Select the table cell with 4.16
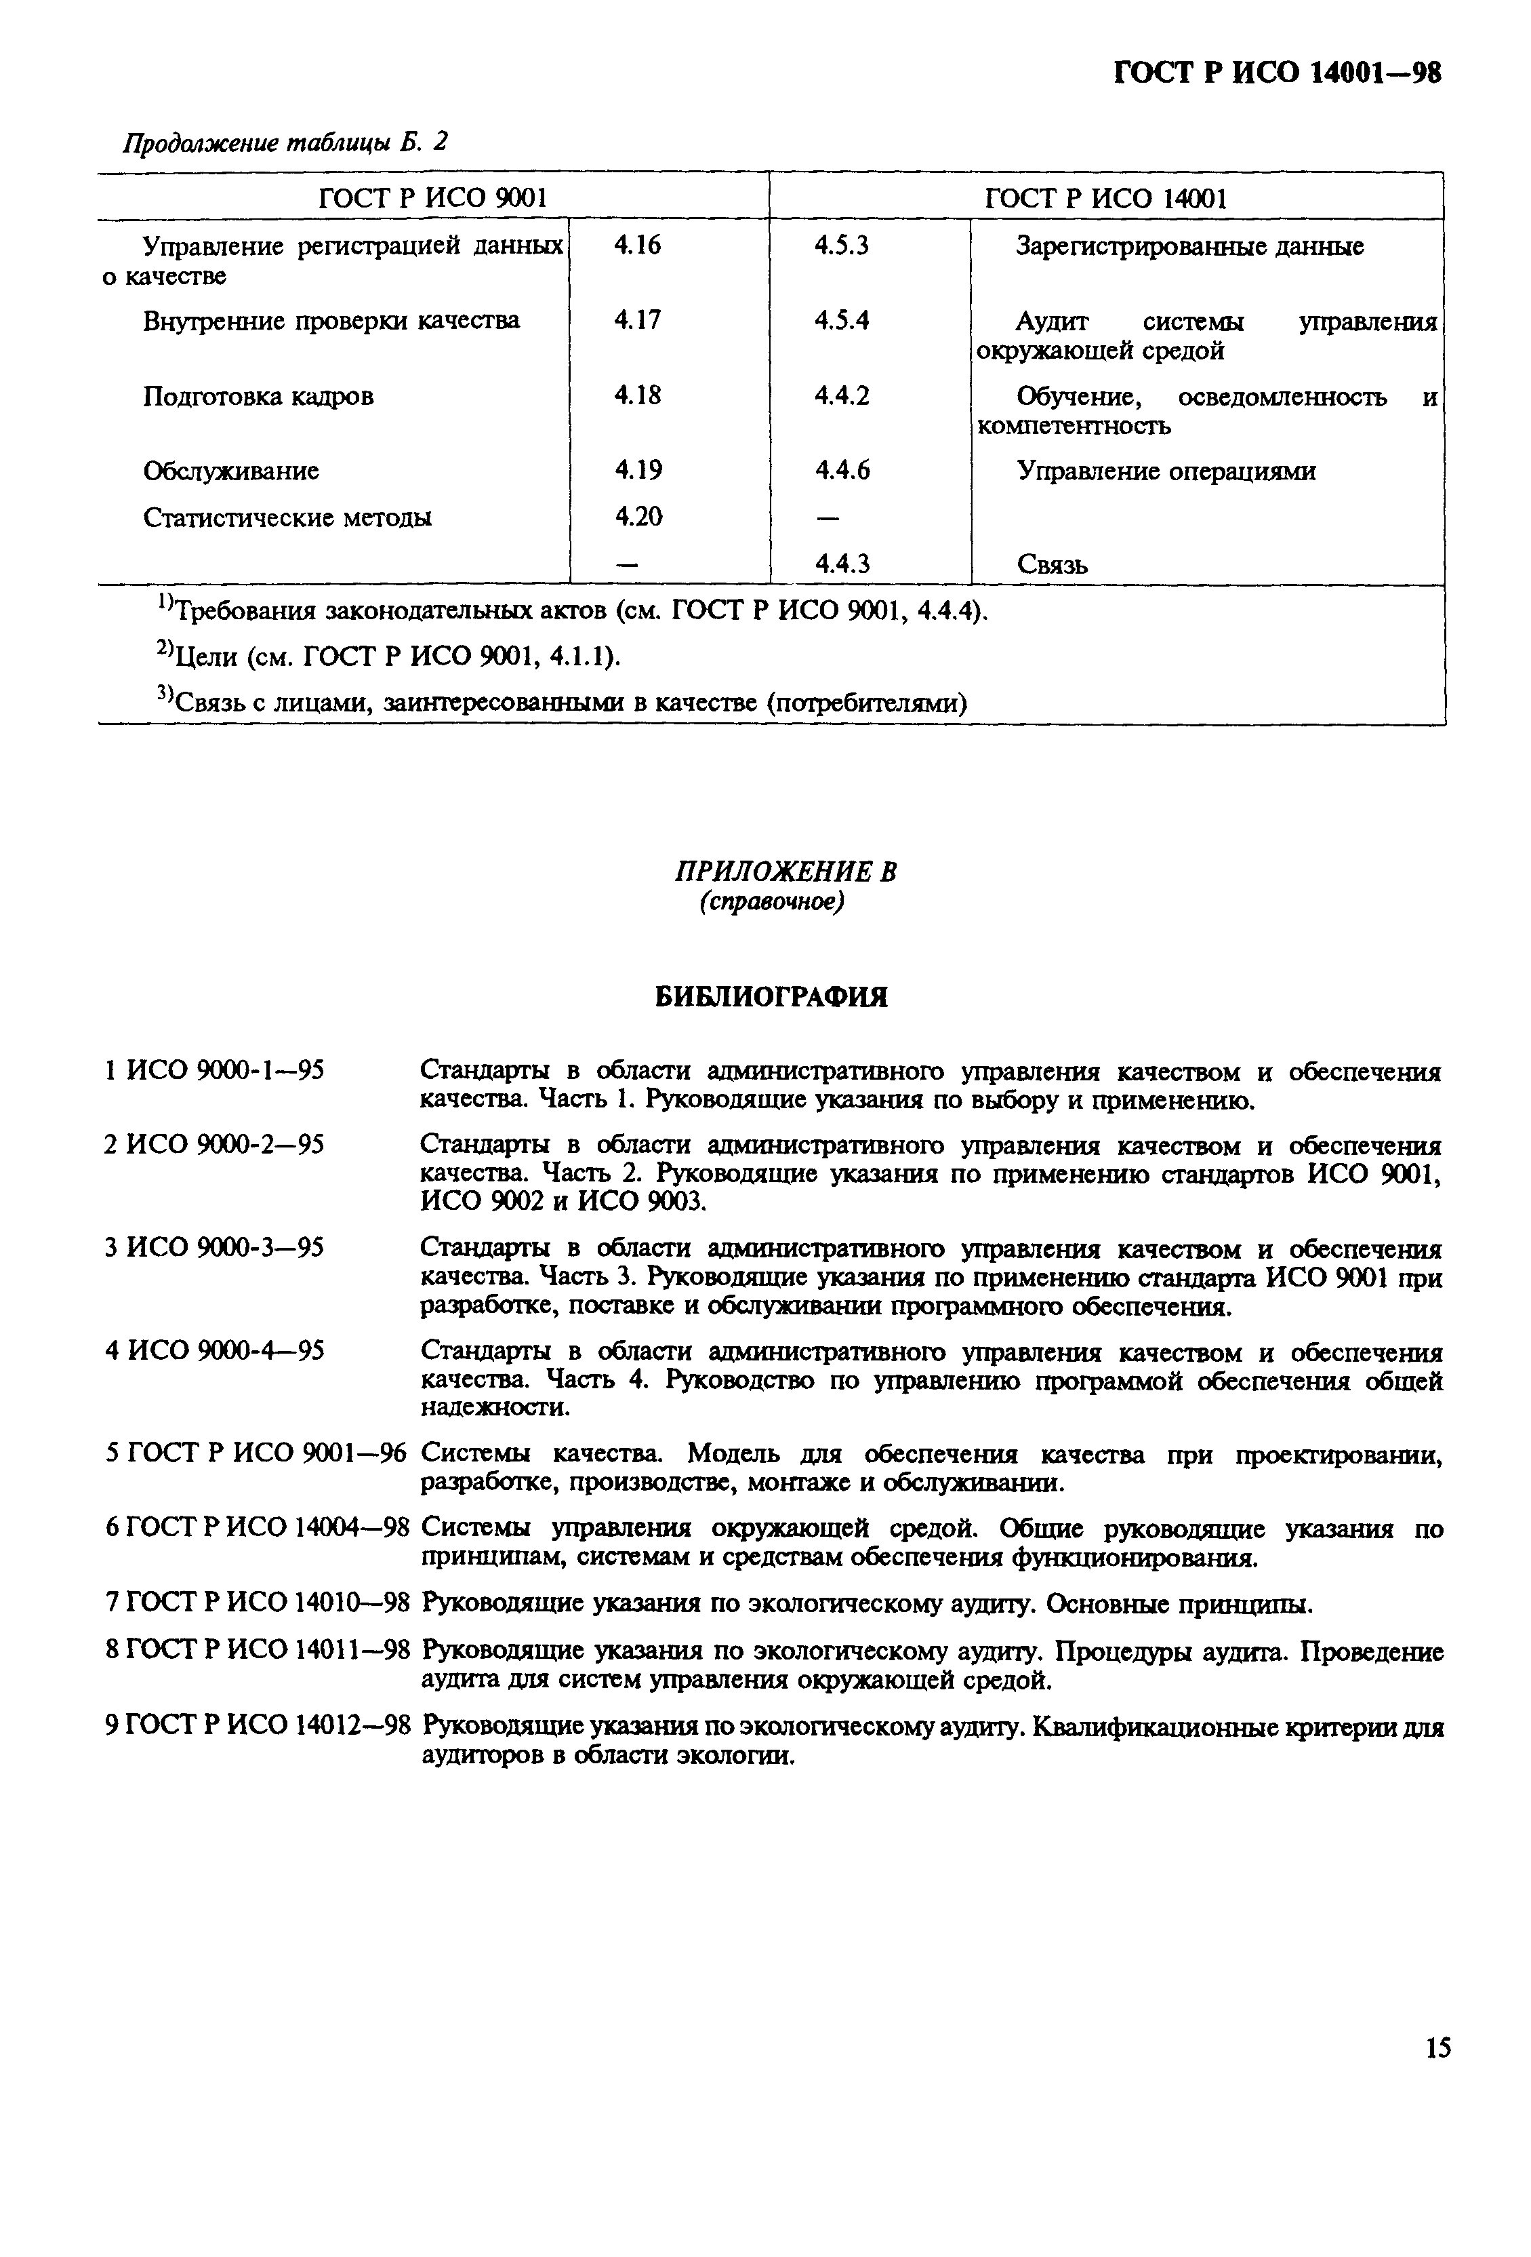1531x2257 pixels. [x=637, y=246]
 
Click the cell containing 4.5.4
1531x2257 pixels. [x=841, y=321]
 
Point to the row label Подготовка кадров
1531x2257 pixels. [x=258, y=396]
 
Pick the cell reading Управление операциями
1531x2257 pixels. [x=1166, y=471]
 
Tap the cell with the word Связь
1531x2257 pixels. [x=1053, y=564]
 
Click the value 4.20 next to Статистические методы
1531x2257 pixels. [x=638, y=517]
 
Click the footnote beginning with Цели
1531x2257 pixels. [x=388, y=657]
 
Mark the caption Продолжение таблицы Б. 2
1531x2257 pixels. [x=285, y=143]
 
